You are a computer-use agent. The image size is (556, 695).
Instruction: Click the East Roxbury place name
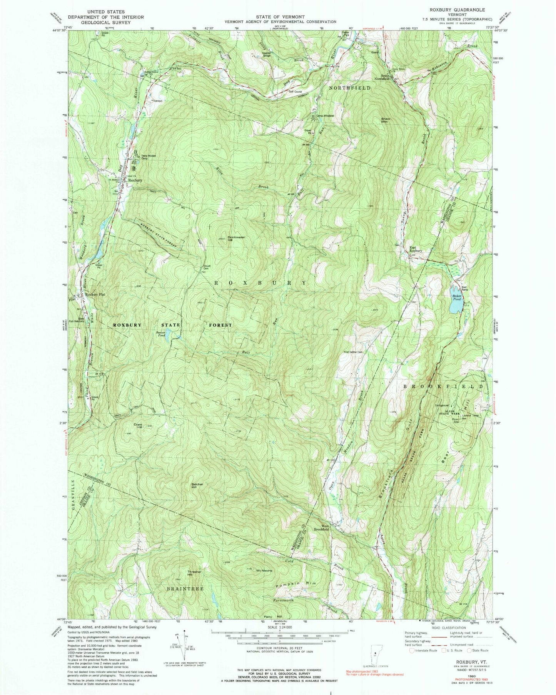click(x=415, y=249)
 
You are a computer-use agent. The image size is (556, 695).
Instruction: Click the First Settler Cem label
click(x=353, y=351)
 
